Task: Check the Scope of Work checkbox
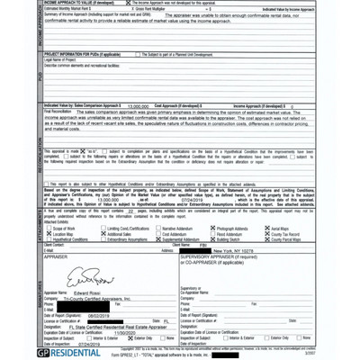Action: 47,229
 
